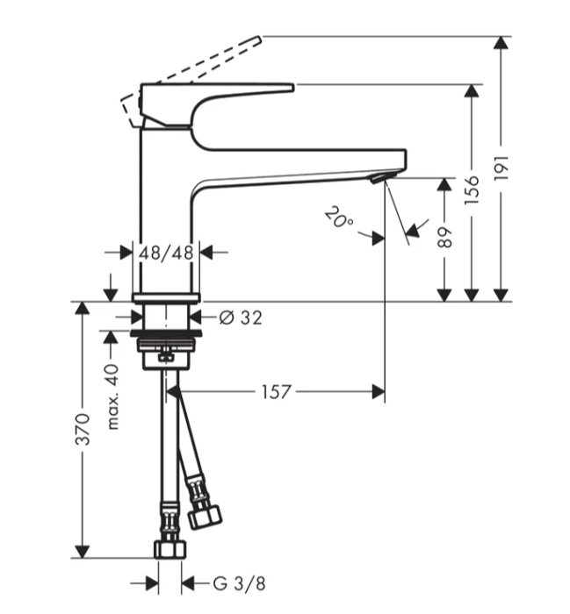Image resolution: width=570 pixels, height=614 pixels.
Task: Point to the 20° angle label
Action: pyautogui.click(x=339, y=218)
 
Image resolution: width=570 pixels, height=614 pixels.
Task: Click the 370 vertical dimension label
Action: pyautogui.click(x=82, y=430)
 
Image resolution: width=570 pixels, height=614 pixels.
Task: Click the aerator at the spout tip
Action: pyautogui.click(x=378, y=179)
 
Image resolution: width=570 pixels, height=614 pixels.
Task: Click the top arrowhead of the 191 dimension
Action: pyautogui.click(x=501, y=43)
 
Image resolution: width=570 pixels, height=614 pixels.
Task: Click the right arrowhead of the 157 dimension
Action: pyautogui.click(x=379, y=391)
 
